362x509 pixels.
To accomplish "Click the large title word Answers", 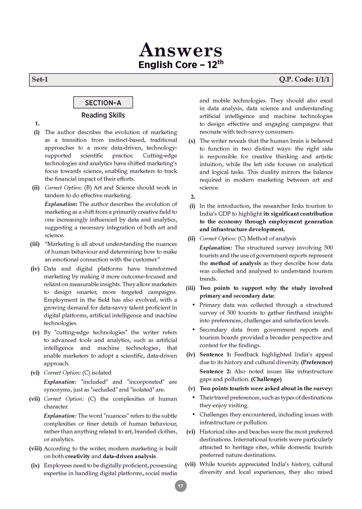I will click(181, 50).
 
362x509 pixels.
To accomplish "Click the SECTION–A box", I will click(103, 103).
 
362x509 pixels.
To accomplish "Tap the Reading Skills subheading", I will click(103, 115).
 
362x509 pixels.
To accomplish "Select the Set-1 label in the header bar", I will click(40, 80).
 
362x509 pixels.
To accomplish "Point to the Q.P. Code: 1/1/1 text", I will click(304, 80).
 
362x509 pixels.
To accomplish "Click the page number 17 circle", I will click(181, 486).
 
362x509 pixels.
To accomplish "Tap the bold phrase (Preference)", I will click(317, 362).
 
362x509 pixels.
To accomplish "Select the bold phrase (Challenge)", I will click(266, 379).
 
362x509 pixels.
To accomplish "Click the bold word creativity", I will click(77, 456).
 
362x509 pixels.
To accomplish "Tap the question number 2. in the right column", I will click(193, 197).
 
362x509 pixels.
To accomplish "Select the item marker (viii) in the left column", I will click(35, 449).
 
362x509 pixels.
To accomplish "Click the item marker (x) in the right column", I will click(192, 141).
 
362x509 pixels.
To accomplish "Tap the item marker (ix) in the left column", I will click(35, 466).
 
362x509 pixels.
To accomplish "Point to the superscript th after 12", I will click(220, 62).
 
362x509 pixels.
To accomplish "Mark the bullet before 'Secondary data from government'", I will click(193, 330).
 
